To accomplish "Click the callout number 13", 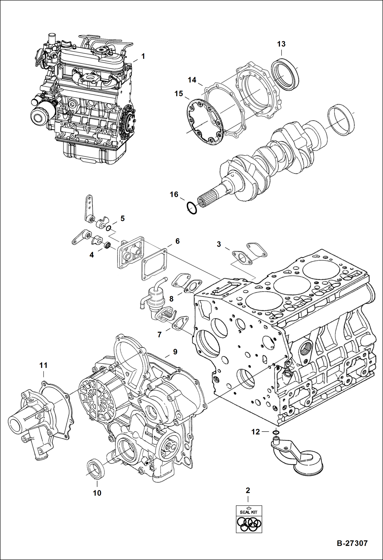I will click(x=281, y=44).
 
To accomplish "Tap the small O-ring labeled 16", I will click(x=192, y=208).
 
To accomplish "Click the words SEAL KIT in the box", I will click(x=249, y=512).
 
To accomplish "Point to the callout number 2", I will click(x=248, y=490).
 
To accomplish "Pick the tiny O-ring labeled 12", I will click(x=276, y=432).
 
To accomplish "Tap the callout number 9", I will click(x=175, y=352).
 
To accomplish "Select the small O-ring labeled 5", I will click(x=108, y=228).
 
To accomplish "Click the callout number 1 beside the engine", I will click(x=143, y=56).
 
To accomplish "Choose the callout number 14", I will click(x=192, y=80).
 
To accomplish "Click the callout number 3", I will click(x=219, y=244).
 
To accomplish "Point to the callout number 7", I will click(x=160, y=334).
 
